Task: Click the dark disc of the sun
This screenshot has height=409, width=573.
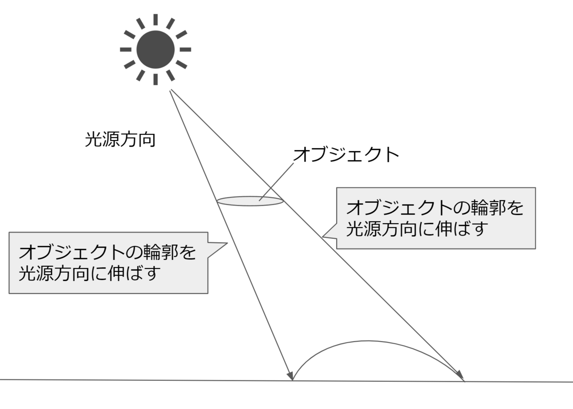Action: [x=156, y=49]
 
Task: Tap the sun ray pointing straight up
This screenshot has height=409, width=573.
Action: [x=156, y=20]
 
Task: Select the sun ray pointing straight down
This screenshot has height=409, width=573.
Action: [x=156, y=79]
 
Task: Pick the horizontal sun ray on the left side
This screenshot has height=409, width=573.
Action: [x=126, y=49]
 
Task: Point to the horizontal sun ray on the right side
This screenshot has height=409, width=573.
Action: [x=185, y=49]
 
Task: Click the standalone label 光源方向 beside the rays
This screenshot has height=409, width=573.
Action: [x=120, y=140]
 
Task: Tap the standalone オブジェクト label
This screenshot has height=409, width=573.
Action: [x=346, y=155]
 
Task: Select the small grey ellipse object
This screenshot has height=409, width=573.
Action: [x=250, y=201]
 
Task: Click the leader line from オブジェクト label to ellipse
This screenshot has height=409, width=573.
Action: [x=276, y=182]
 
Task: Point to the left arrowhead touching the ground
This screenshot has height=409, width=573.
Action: [x=291, y=375]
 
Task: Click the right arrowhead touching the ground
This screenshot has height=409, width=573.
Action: [x=460, y=376]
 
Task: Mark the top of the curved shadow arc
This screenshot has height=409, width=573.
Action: [x=368, y=341]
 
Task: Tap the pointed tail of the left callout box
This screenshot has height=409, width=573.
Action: [x=227, y=243]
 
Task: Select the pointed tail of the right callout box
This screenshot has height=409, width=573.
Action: [x=323, y=237]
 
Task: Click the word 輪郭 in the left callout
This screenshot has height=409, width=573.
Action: [x=160, y=252]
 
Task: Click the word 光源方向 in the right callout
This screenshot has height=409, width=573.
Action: [x=382, y=228]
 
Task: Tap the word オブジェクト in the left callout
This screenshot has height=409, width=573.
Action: [x=72, y=252]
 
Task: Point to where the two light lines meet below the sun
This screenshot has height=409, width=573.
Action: [x=170, y=90]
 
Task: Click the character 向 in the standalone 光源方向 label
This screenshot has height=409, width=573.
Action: [x=147, y=140]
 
